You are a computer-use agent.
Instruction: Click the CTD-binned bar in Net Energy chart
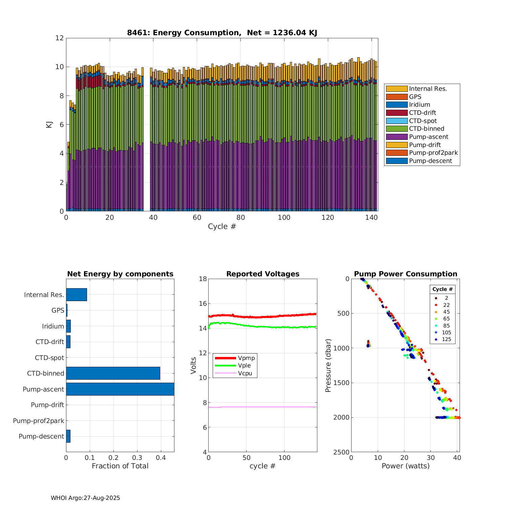(113, 373)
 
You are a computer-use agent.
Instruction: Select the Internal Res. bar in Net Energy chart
(77, 295)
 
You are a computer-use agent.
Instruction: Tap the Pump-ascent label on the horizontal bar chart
(43, 389)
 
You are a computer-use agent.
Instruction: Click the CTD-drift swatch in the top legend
(397, 113)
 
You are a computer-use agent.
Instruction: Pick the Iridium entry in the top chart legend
(419, 105)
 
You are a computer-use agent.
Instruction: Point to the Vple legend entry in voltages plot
(244, 366)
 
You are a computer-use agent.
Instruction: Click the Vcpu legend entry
(245, 374)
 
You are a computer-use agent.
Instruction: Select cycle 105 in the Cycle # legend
(446, 333)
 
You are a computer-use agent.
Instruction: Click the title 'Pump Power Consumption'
(405, 274)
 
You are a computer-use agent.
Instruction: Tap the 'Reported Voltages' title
(263, 274)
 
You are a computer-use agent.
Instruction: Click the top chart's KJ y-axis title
(49, 125)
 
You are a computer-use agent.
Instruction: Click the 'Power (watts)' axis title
(405, 466)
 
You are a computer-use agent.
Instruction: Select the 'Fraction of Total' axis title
(120, 466)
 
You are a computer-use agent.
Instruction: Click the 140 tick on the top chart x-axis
(372, 217)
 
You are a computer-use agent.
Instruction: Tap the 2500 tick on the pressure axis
(342, 452)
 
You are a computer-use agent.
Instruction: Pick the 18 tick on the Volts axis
(203, 279)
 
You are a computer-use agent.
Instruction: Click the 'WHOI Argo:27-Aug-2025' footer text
(85, 498)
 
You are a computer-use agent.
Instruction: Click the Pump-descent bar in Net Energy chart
(68, 436)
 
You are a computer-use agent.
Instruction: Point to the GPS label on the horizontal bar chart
(58, 310)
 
